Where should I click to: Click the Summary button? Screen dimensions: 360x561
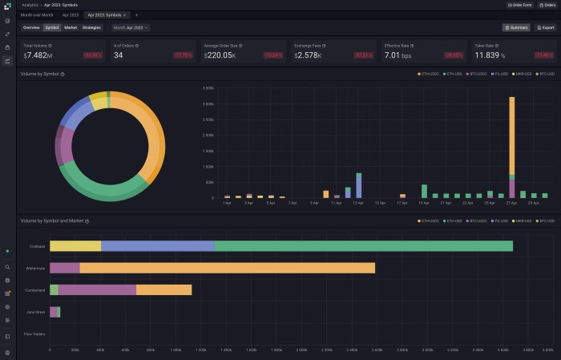pos(516,27)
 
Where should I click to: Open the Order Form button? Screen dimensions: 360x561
pos(520,5)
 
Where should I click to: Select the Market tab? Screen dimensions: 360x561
pos(71,27)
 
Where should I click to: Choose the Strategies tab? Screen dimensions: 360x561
pos(91,27)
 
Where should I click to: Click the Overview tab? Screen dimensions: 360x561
pos(31,27)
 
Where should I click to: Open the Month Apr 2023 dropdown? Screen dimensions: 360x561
pos(131,27)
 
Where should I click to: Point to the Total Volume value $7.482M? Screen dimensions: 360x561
pos(38,55)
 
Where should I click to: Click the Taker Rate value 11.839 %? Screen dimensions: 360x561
pos(496,55)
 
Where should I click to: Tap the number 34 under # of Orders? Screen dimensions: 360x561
pos(119,55)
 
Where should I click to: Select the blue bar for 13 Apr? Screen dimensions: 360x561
pos(358,185)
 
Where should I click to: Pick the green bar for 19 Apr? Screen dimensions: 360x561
pos(424,191)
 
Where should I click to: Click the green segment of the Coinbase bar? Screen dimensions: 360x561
pos(364,246)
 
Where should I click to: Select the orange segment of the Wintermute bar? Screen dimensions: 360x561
pos(227,268)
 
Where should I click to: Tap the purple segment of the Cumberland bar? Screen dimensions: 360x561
pos(97,289)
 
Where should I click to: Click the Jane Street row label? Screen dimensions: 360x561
pos(35,312)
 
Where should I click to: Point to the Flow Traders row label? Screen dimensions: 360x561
pos(34,334)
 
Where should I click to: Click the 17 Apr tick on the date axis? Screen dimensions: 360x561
pos(402,204)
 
